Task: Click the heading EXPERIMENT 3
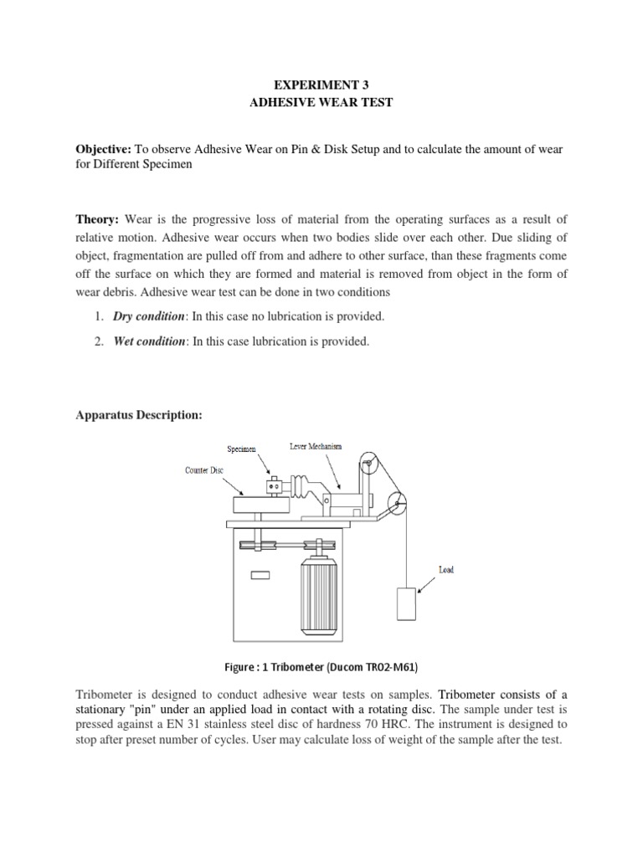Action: click(321, 85)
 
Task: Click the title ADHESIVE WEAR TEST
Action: click(321, 105)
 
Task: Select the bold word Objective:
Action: click(106, 149)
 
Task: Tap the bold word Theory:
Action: click(97, 219)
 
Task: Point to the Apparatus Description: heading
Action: click(139, 415)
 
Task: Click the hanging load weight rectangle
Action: click(405, 603)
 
